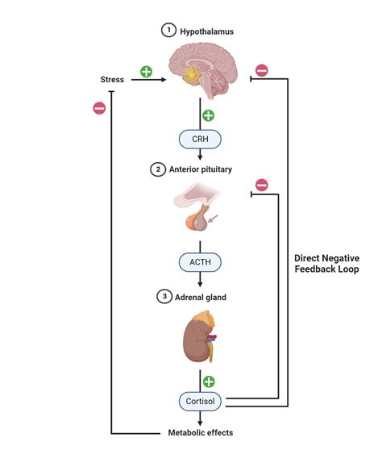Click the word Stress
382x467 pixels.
tap(112, 80)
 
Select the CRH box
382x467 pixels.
tap(200, 140)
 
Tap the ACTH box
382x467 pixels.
tap(200, 262)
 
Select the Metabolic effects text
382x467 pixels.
tap(201, 432)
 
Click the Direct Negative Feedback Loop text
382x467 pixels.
tap(326, 264)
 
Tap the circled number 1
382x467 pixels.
tap(168, 31)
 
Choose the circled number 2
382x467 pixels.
tap(157, 169)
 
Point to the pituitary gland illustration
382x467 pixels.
tap(201, 214)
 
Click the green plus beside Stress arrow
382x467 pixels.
tap(146, 71)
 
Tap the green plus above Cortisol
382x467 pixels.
tap(210, 380)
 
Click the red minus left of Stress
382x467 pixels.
tap(98, 107)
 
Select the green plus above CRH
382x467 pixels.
tap(209, 115)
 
